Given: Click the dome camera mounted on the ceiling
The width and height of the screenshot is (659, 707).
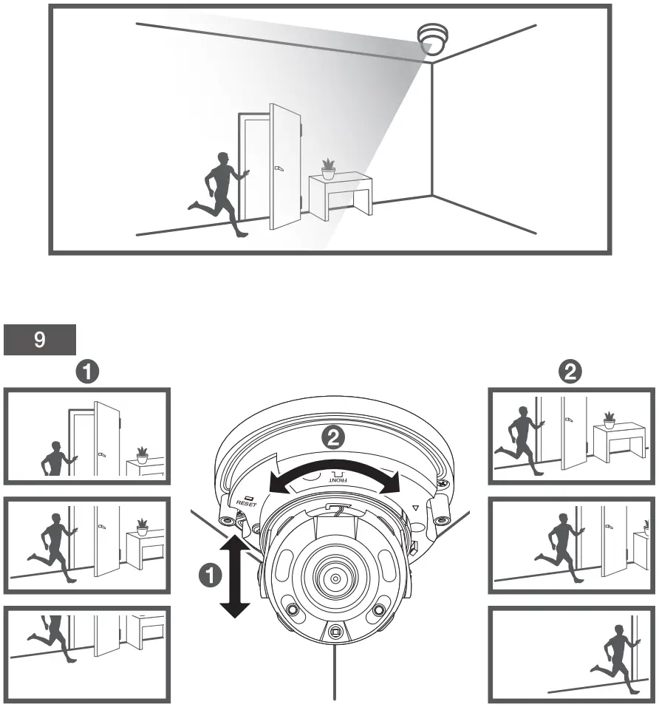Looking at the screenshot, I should pos(433,39).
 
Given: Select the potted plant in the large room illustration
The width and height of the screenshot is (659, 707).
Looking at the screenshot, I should pos(328,169).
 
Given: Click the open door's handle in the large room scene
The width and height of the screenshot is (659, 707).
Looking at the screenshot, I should pos(278,169).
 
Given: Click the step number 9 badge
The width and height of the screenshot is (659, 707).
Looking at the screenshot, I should pos(40,341).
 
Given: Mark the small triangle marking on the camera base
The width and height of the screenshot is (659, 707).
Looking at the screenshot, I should pos(415,508).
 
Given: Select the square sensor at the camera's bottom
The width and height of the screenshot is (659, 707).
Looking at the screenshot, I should pos(336,632).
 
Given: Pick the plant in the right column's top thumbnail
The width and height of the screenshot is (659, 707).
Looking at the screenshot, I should pos(609,420).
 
